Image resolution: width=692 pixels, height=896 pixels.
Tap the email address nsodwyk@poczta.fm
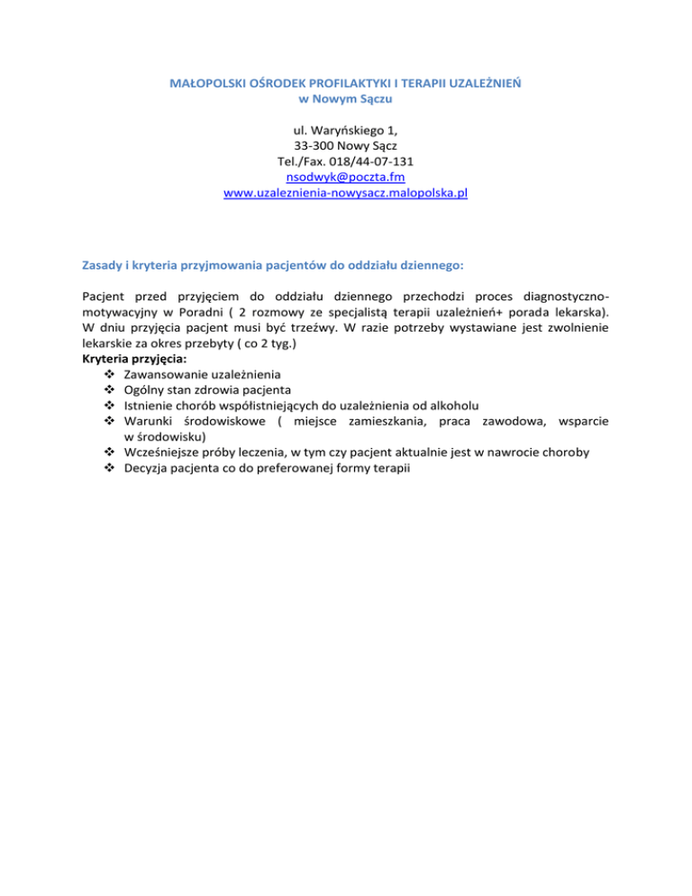click(345, 178)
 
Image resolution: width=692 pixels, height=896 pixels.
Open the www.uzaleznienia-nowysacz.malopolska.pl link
click(345, 194)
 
